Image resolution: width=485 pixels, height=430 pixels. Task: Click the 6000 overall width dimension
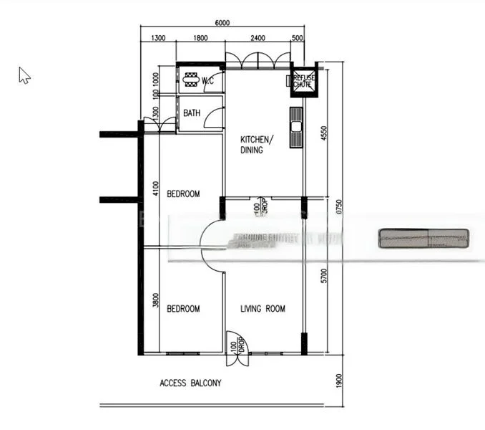(222, 22)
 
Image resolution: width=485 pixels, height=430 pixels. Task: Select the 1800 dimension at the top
(200, 39)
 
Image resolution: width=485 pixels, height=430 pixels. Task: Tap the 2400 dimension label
(258, 39)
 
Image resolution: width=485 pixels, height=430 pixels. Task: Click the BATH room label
(192, 113)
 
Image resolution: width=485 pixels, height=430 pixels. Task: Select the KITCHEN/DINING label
(255, 145)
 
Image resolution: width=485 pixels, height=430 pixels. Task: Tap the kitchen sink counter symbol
(296, 128)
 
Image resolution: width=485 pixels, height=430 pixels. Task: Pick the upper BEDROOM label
(183, 193)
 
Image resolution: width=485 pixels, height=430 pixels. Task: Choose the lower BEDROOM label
(183, 309)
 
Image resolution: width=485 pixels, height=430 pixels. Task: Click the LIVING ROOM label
(263, 309)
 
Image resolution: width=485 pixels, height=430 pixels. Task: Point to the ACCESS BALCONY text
(190, 383)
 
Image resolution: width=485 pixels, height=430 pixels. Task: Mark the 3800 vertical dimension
(155, 302)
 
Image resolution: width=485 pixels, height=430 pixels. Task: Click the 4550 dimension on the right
(323, 133)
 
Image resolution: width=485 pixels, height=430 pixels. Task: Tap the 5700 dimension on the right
(323, 276)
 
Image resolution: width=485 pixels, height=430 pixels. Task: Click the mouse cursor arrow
(24, 75)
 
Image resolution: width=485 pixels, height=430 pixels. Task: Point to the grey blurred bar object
(423, 239)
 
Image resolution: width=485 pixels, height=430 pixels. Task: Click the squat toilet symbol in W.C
(191, 80)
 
